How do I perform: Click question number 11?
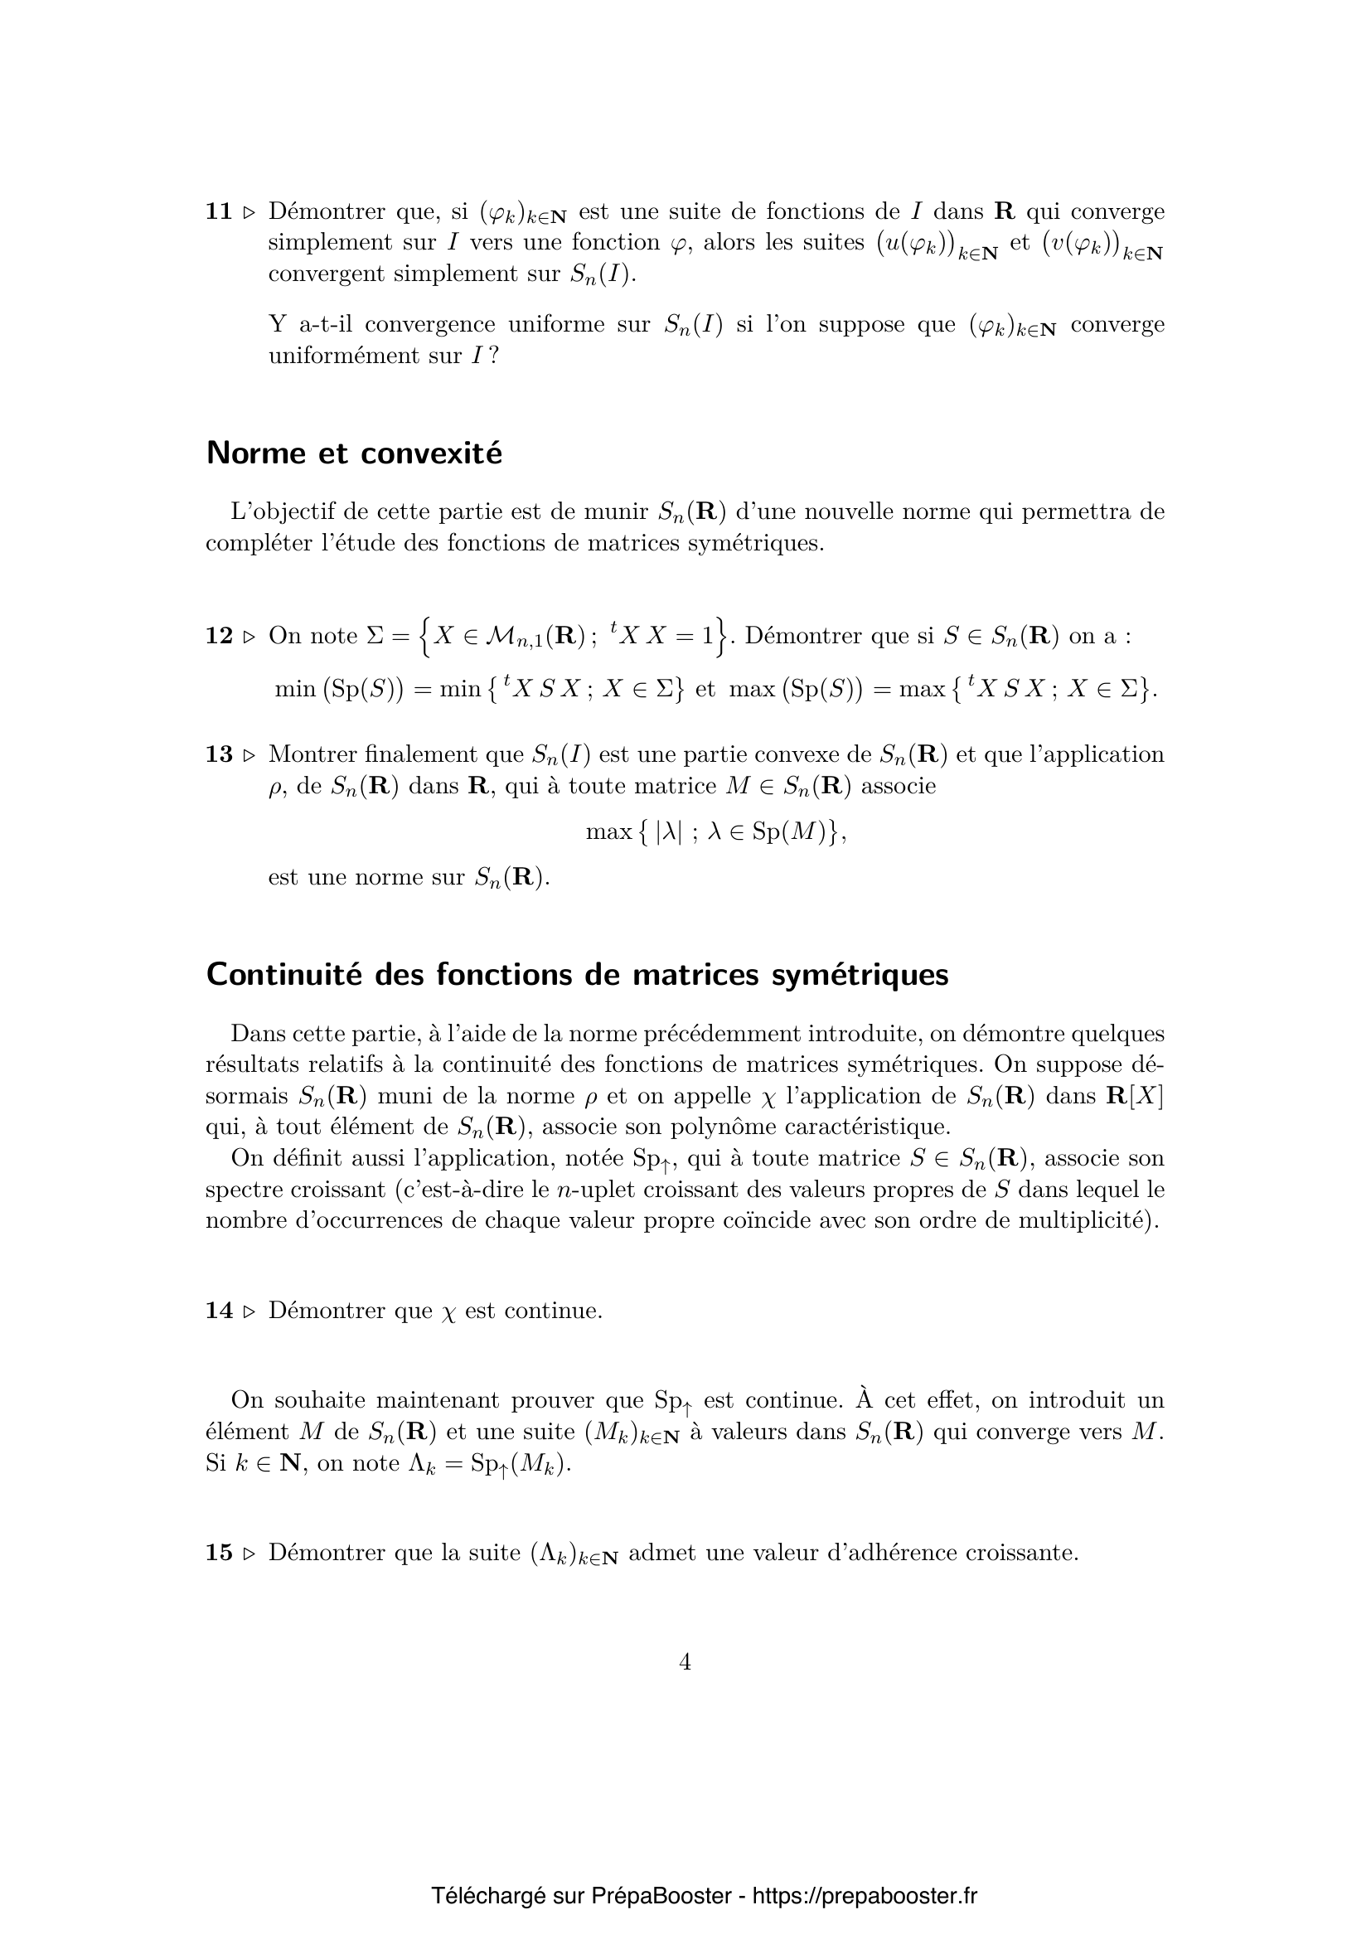click(219, 211)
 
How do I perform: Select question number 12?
click(219, 636)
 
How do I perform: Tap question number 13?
click(219, 754)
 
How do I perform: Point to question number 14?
click(219, 1311)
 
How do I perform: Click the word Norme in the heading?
click(257, 453)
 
